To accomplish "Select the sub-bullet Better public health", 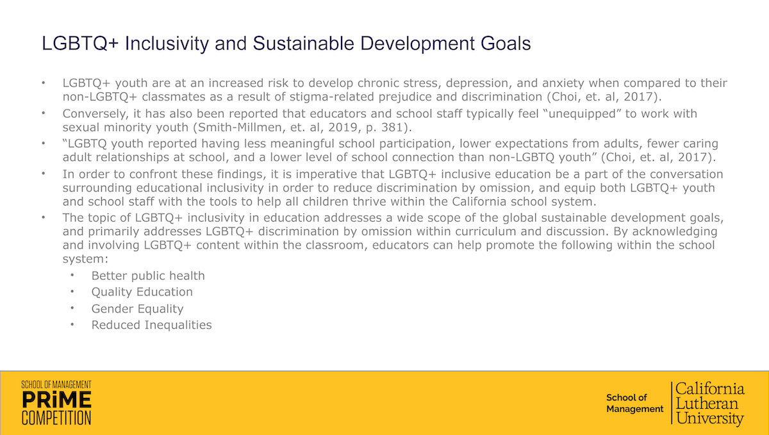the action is pyautogui.click(x=148, y=275).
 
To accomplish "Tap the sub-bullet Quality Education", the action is pyautogui.click(x=142, y=292).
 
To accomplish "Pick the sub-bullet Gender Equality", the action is pyautogui.click(x=137, y=309).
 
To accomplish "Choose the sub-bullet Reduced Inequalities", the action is pyautogui.click(x=151, y=325).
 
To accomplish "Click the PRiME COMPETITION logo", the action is pyautogui.click(x=56, y=402).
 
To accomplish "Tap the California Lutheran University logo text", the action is pyautogui.click(x=710, y=404).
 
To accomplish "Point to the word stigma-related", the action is pyautogui.click(x=332, y=97).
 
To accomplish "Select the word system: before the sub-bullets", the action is pyautogui.click(x=85, y=259).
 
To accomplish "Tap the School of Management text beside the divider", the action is pyautogui.click(x=635, y=403).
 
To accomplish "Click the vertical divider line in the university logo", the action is pyautogui.click(x=672, y=403).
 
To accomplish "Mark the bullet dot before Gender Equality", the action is pyautogui.click(x=72, y=308).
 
